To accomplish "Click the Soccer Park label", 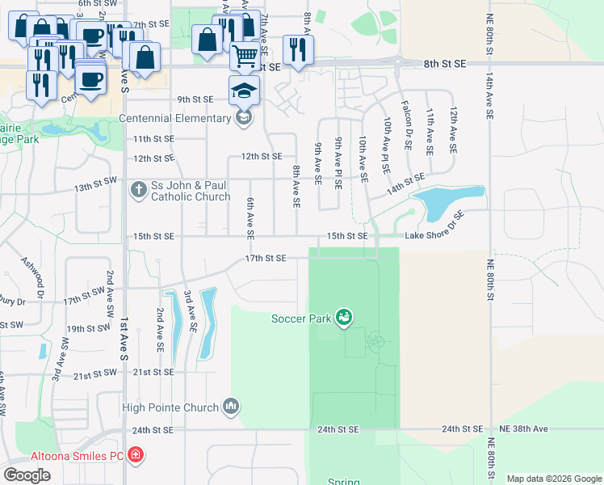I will click(x=301, y=318).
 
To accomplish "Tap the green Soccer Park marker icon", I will click(x=345, y=318).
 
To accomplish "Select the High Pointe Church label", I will click(x=170, y=407).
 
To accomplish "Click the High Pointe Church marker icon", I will click(x=232, y=405).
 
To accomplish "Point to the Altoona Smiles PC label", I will click(x=77, y=456).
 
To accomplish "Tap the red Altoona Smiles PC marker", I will click(x=137, y=456).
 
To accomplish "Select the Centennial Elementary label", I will click(x=174, y=118).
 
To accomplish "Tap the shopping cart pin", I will click(x=245, y=55).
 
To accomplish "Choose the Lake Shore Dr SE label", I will click(x=435, y=226).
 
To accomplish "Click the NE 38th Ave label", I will click(x=523, y=428).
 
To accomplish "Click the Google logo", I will click(x=27, y=475).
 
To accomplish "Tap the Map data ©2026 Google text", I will click(x=554, y=479).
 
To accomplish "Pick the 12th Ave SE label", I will click(x=453, y=131).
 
